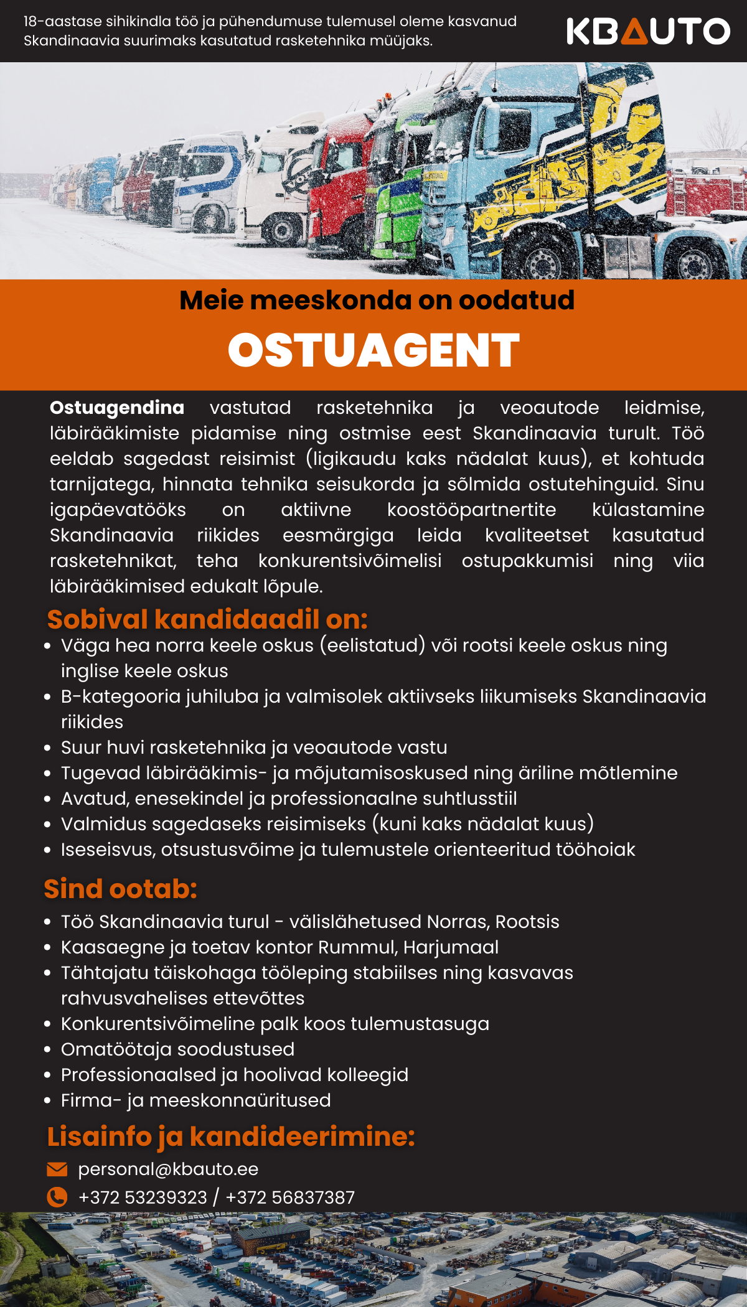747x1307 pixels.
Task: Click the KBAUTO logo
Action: [x=648, y=31]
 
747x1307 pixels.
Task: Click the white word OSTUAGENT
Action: [x=374, y=350]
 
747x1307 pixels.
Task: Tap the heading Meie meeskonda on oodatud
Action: [x=377, y=301]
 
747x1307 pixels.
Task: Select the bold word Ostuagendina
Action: [x=117, y=408]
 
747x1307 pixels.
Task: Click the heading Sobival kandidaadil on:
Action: [x=207, y=619]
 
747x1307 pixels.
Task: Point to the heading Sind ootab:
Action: [x=120, y=889]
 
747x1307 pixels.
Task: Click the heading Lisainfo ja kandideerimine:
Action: [x=231, y=1136]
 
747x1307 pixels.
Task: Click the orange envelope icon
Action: [x=57, y=1169]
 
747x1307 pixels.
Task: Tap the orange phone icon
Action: [x=57, y=1197]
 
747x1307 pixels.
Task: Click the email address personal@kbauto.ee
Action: [x=168, y=1169]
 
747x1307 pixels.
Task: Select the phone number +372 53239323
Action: [x=143, y=1197]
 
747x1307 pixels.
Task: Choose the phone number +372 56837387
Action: [x=290, y=1197]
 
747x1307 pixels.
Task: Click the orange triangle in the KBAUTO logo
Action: [x=634, y=32]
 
